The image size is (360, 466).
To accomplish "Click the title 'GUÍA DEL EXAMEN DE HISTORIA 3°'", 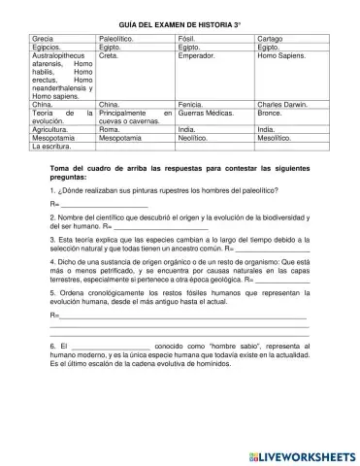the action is tap(180, 20).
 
